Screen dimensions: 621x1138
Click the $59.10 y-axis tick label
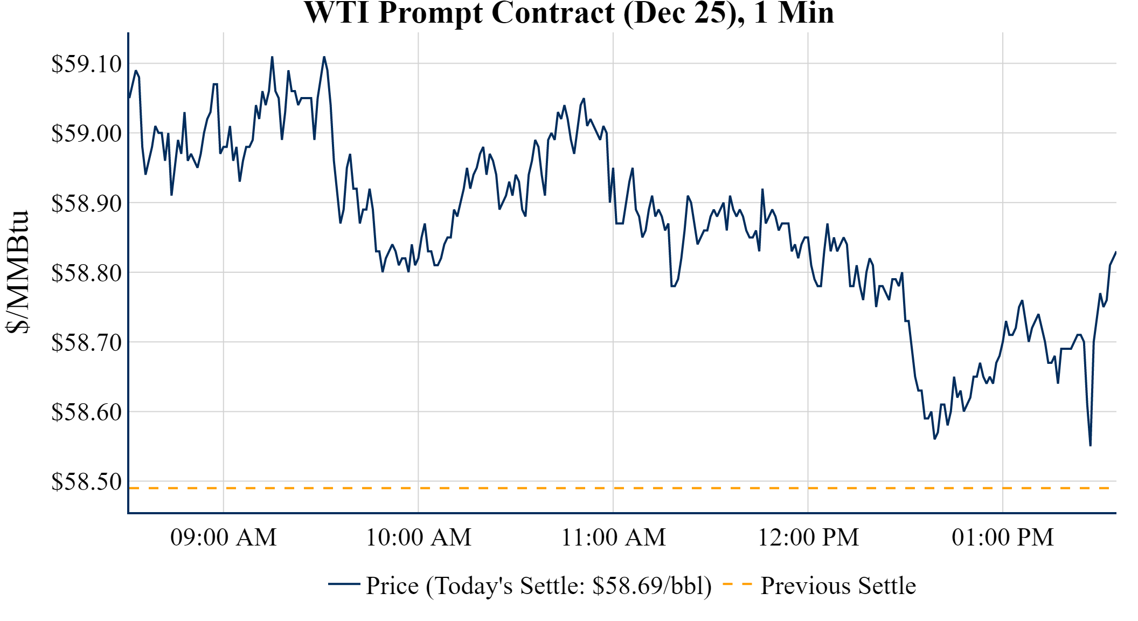click(86, 64)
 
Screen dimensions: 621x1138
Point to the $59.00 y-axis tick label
click(86, 134)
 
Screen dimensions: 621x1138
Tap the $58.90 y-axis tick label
click(86, 204)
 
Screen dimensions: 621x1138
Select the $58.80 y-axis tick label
click(86, 273)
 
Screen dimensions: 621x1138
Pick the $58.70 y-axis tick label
click(86, 343)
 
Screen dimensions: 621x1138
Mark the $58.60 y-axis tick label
click(86, 412)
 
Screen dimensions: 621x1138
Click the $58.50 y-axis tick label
click(86, 482)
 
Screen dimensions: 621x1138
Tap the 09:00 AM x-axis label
click(223, 537)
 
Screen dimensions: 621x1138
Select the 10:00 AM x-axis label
click(418, 537)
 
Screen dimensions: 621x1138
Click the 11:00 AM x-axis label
click(613, 537)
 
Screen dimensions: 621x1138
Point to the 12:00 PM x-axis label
click(808, 537)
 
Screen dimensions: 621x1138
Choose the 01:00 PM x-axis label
click(1002, 537)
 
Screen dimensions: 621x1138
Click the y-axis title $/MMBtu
click(17, 272)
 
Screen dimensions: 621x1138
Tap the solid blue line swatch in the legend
click(344, 584)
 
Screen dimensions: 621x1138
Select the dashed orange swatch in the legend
click(737, 584)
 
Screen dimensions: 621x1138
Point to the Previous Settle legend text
click(838, 586)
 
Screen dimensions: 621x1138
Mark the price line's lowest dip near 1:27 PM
click(1090, 445)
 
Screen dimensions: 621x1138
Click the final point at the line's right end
click(1115, 252)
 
